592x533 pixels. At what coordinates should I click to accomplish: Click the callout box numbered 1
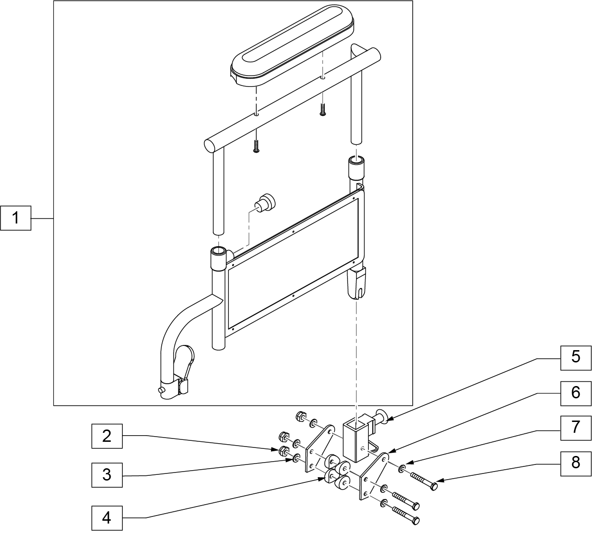click(x=16, y=218)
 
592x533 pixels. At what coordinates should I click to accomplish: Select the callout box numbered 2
click(x=107, y=436)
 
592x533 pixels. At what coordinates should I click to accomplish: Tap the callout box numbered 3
click(x=107, y=475)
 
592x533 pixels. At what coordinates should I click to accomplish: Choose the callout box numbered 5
click(x=576, y=358)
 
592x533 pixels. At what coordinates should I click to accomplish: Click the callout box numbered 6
click(x=576, y=393)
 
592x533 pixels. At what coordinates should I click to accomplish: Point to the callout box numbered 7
click(x=576, y=428)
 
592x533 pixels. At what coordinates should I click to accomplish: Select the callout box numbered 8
click(x=576, y=464)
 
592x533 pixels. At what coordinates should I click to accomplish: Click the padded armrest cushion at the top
click(x=292, y=46)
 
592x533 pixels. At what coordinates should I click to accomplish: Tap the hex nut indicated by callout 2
click(x=284, y=451)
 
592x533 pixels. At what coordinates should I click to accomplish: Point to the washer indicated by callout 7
click(x=401, y=469)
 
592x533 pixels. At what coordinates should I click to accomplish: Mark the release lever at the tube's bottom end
click(x=184, y=370)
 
